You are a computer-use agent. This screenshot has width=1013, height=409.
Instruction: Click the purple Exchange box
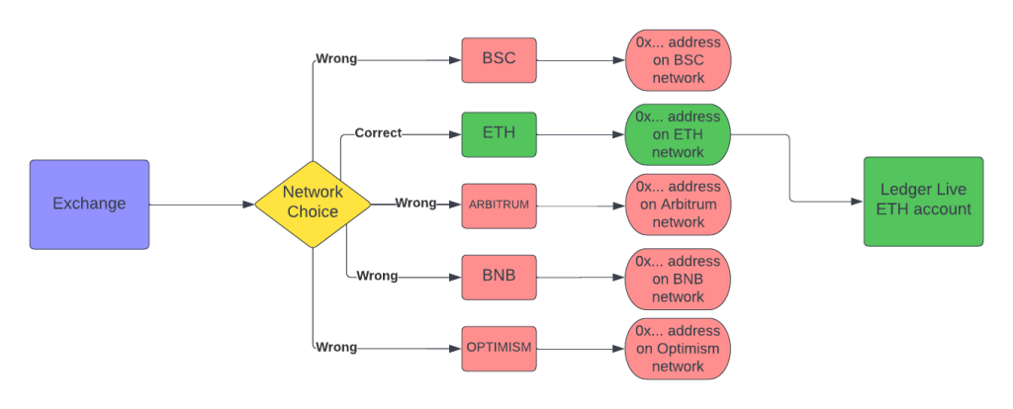[89, 204]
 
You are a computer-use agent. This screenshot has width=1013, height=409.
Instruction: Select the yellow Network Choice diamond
[313, 204]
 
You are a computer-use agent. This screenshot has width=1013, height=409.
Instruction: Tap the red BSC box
[499, 59]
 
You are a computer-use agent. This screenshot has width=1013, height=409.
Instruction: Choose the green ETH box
[499, 132]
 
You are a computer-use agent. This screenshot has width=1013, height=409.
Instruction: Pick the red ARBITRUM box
[499, 204]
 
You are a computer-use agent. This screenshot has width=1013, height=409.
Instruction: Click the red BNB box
[499, 276]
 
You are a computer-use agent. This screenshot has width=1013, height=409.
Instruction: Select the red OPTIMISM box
[499, 348]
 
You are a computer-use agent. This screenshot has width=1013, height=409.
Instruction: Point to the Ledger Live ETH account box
[923, 202]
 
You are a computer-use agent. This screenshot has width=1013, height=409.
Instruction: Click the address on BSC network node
[678, 59]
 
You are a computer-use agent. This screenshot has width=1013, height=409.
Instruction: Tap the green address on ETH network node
[678, 133]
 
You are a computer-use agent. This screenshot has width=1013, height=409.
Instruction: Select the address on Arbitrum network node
[678, 204]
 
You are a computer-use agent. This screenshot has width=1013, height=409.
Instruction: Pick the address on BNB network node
[678, 279]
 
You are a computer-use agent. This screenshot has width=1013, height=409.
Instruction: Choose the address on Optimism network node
[678, 349]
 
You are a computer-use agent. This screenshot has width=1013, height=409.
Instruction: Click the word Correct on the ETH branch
[378, 132]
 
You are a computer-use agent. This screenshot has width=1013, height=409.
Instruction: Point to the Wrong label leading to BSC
[335, 59]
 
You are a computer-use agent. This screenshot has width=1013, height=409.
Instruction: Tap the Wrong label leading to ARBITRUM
[415, 204]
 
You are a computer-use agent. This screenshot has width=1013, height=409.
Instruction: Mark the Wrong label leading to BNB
[377, 276]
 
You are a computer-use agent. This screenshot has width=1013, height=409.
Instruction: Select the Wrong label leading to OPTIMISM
[335, 348]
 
